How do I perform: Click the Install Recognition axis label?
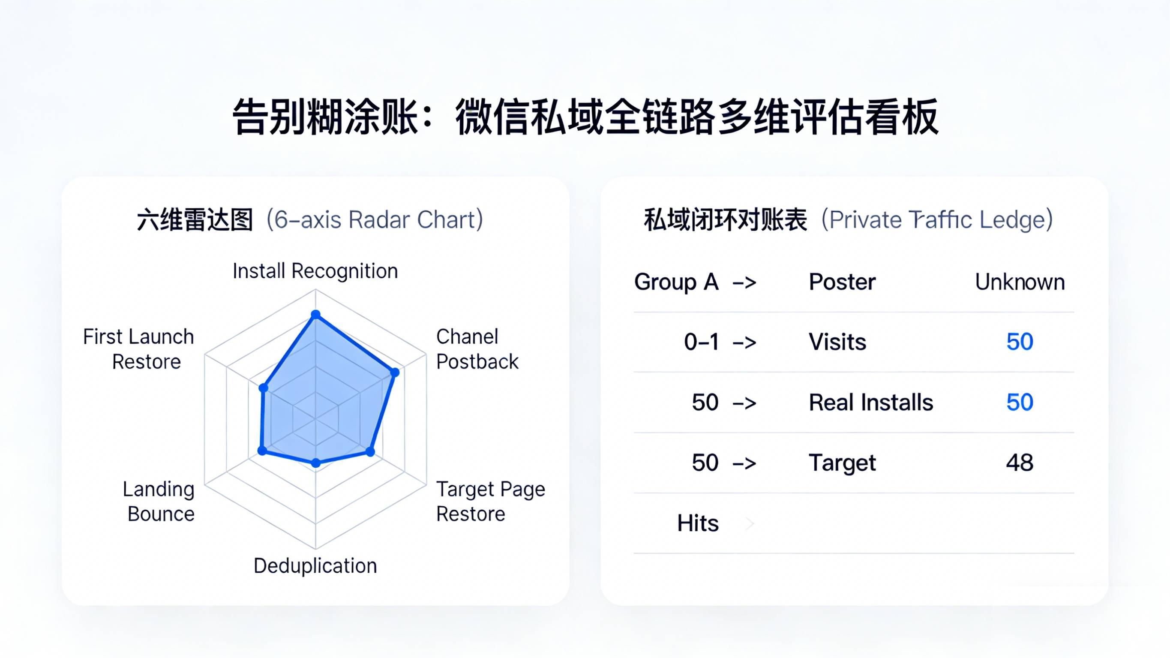[x=315, y=271]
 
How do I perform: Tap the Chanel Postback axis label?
[x=477, y=349]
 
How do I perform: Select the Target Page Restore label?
[x=490, y=501]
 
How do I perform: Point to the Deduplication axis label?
[x=315, y=566]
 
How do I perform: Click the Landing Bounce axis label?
[x=159, y=501]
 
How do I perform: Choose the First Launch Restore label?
[x=139, y=349]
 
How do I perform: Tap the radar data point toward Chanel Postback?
[x=395, y=373]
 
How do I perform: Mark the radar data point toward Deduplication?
[x=316, y=463]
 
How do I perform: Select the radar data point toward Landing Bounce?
[x=262, y=451]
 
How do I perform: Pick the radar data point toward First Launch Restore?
[x=264, y=388]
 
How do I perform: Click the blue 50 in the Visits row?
[x=1020, y=342]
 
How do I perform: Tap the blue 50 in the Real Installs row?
[x=1020, y=402]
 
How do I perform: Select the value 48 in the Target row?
[x=1020, y=463]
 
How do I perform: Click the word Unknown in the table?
[x=1020, y=282]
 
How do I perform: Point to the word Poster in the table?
[x=842, y=282]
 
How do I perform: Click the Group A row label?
[x=676, y=282]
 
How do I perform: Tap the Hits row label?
[x=698, y=523]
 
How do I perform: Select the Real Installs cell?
[x=871, y=402]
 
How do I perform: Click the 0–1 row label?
[x=701, y=342]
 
